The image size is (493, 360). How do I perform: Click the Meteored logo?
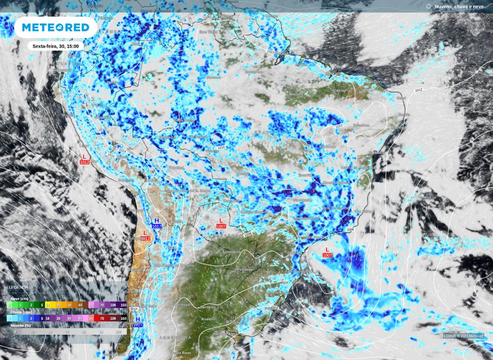point(55,27)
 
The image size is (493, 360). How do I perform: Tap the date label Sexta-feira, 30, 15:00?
point(55,46)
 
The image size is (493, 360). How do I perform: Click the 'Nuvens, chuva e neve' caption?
point(459,7)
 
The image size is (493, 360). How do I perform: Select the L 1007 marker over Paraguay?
point(221,223)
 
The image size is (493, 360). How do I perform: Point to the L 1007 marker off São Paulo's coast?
point(327,252)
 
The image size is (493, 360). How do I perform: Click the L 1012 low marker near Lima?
point(84,159)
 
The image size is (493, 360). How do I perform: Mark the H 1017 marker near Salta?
point(156,223)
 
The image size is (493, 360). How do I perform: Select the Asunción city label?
point(232,252)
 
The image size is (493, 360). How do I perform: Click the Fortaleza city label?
point(375,82)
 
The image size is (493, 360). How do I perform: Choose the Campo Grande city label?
point(254,211)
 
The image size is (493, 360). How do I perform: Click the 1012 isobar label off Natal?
point(418,90)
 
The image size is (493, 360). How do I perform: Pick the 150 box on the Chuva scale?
point(123,318)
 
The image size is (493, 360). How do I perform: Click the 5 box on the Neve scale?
point(42,305)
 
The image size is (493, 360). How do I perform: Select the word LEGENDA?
point(18,287)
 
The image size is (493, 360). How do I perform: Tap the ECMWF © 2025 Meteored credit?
point(463,336)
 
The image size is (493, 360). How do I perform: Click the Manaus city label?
point(213,77)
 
